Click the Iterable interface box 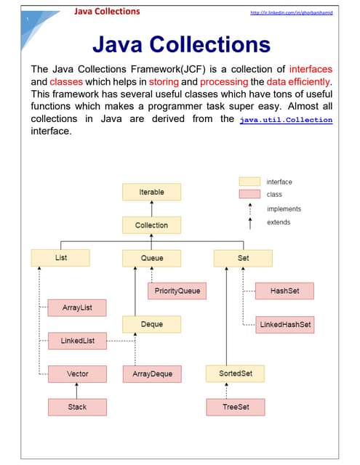pyautogui.click(x=151, y=192)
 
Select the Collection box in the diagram pyautogui.click(x=151, y=225)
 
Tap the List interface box pyautogui.click(x=60, y=258)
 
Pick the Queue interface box pyautogui.click(x=152, y=258)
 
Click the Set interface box pyautogui.click(x=243, y=258)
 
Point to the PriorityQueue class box pyautogui.click(x=176, y=291)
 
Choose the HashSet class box pyautogui.click(x=285, y=291)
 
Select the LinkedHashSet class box pyautogui.click(x=285, y=324)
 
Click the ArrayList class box pyautogui.click(x=77, y=308)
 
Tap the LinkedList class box pyautogui.click(x=77, y=340)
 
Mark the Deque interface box pyautogui.click(x=152, y=324)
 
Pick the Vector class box pyautogui.click(x=77, y=373)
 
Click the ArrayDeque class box pyautogui.click(x=152, y=373)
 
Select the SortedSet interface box pyautogui.click(x=236, y=373)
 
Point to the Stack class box pyautogui.click(x=77, y=407)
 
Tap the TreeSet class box pyautogui.click(x=236, y=407)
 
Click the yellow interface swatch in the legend pyautogui.click(x=249, y=182)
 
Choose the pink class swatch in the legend pyautogui.click(x=249, y=195)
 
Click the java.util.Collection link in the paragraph pyautogui.click(x=285, y=119)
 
